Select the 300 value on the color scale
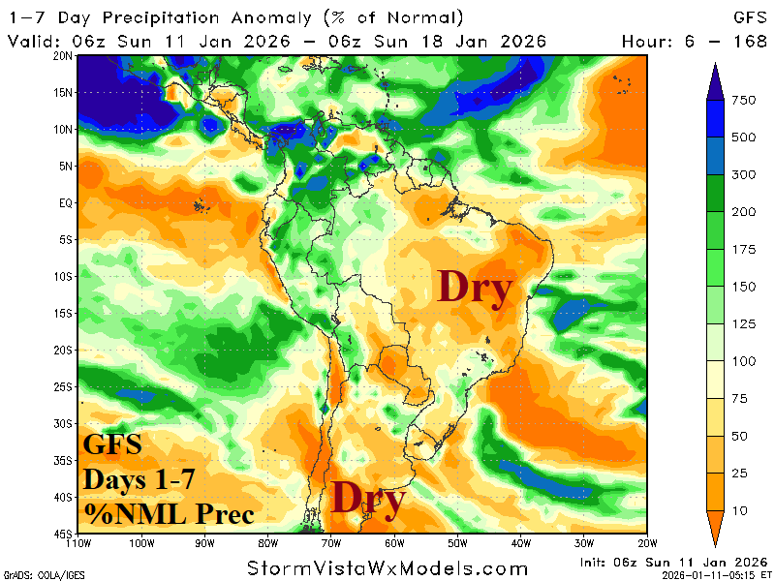pos(745,174)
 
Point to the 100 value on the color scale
pos(745,361)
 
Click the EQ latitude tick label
pos(66,202)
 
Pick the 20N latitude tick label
pos(64,55)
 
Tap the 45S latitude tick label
pos(64,534)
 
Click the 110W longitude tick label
pos(78,542)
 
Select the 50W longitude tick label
pos(458,542)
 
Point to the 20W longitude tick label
pos(647,542)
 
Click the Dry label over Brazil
pos(474,289)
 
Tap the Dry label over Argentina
pos(368,499)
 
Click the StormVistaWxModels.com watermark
pos(387,567)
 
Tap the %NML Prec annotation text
pos(169,511)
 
